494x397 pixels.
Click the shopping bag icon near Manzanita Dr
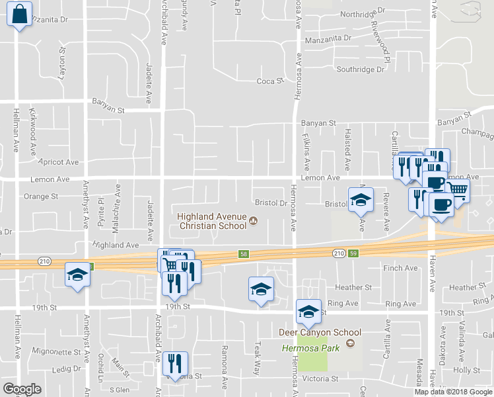tap(20, 14)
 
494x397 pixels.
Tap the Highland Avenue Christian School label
tap(211, 221)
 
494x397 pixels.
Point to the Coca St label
tap(269, 81)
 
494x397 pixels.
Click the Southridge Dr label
tap(360, 69)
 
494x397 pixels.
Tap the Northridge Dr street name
tap(362, 13)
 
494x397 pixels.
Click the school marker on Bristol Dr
tap(361, 199)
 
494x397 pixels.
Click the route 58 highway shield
tap(243, 253)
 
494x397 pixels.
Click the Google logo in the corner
tap(22, 389)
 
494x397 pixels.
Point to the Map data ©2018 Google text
tap(452, 392)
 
